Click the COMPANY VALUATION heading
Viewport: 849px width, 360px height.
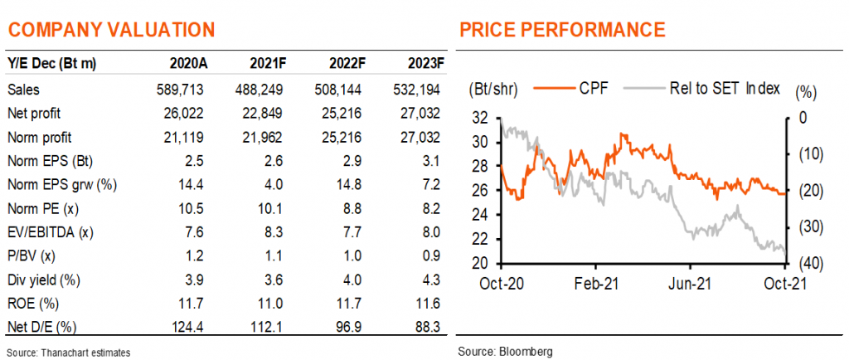pos(111,29)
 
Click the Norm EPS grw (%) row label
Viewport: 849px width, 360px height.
pos(62,185)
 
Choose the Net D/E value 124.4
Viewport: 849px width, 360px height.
pos(188,327)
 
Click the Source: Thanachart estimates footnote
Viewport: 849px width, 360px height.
pos(69,353)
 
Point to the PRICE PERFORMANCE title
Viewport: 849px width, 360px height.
pos(562,29)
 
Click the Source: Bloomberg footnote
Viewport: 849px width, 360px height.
pos(505,353)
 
